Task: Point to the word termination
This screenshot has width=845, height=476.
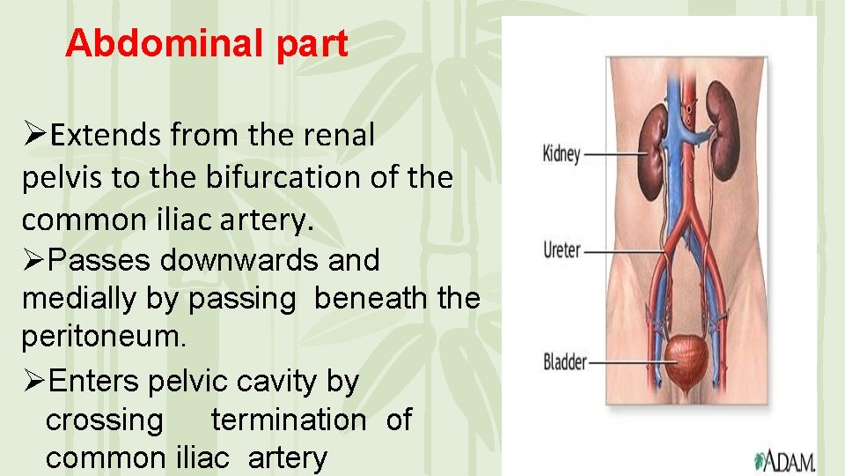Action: click(288, 420)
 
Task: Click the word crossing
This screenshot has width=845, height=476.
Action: click(104, 420)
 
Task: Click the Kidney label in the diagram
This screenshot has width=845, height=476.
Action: click(562, 154)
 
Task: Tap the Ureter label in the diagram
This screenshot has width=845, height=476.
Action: click(562, 250)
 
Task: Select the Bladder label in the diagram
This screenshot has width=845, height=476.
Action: click(565, 361)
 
